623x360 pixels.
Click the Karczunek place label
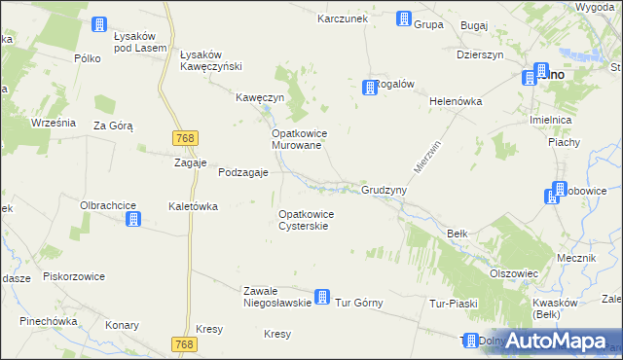click(340, 18)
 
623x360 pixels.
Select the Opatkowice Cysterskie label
click(307, 220)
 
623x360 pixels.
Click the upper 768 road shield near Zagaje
click(183, 139)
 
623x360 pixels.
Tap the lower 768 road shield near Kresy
click(184, 344)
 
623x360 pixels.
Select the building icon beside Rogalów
click(370, 88)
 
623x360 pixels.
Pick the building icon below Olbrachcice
click(133, 220)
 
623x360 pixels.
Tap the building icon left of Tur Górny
click(322, 298)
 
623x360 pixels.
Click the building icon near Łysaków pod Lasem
click(98, 24)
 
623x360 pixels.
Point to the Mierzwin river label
click(421, 156)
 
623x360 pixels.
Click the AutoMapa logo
click(556, 341)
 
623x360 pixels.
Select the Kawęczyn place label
click(260, 98)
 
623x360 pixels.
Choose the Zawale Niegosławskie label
click(276, 297)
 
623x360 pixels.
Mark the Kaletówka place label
click(193, 207)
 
